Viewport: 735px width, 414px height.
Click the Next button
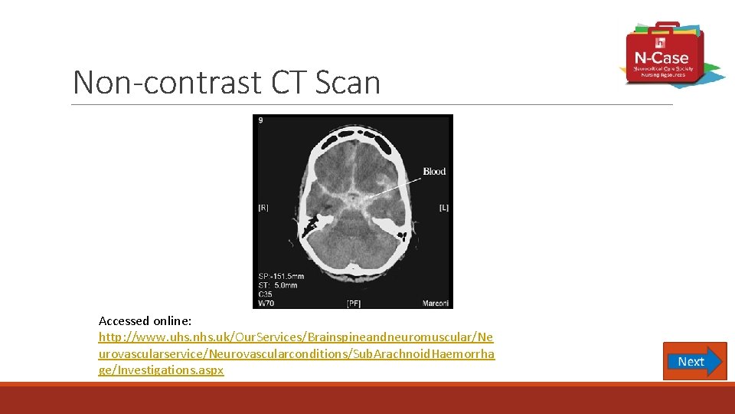[694, 361]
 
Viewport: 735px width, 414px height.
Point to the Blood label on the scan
[434, 171]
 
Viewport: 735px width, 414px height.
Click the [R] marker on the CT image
[263, 207]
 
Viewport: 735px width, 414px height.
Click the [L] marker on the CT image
[444, 207]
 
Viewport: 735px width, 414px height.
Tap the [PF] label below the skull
[353, 303]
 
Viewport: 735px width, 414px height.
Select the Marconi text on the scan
[436, 303]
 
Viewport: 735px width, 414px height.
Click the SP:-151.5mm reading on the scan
[281, 276]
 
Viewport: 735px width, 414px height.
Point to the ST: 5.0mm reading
[277, 285]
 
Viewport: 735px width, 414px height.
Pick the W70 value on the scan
[266, 304]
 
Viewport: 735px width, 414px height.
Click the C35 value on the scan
[266, 294]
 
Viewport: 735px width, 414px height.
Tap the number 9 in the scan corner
[260, 121]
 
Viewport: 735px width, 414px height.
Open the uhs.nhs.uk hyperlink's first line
[296, 337]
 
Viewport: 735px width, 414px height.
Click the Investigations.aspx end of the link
[161, 370]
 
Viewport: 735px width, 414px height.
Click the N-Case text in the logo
[661, 58]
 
